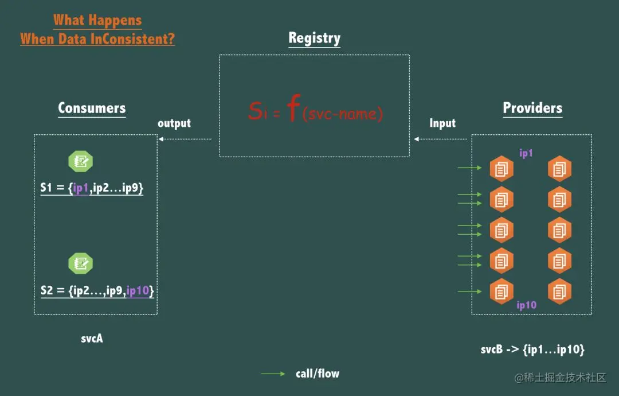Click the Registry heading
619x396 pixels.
click(314, 38)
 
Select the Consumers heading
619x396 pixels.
click(92, 108)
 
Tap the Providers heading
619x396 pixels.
click(532, 108)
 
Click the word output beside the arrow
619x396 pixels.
click(174, 123)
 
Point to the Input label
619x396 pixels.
click(442, 123)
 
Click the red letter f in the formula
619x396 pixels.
click(293, 107)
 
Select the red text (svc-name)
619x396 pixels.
click(343, 114)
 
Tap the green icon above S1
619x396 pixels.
click(81, 161)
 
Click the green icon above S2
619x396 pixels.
click(81, 263)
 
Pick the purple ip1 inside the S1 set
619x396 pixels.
click(81, 188)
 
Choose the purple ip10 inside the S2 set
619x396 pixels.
click(138, 291)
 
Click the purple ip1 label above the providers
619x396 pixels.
click(526, 153)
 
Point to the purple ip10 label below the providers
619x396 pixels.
click(527, 305)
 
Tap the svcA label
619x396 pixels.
click(92, 338)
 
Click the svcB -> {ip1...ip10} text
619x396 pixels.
click(532, 350)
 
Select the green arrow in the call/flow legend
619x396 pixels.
click(273, 374)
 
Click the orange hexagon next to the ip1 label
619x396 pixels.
click(502, 169)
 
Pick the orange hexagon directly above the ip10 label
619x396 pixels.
click(502, 292)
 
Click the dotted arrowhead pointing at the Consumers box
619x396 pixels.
click(160, 139)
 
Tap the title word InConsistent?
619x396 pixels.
click(132, 38)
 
